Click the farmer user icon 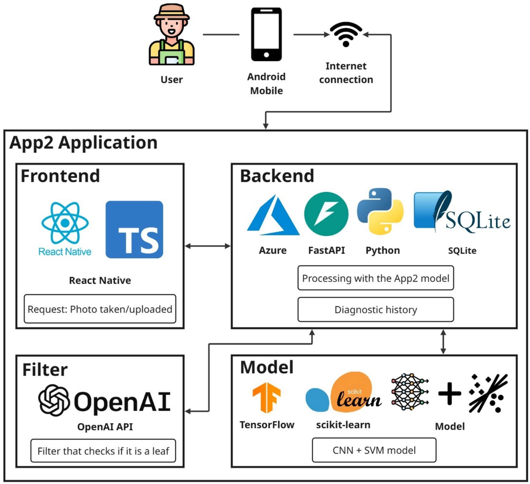pyautogui.click(x=172, y=35)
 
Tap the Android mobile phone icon pyautogui.click(x=266, y=35)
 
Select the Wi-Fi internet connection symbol pyautogui.click(x=346, y=34)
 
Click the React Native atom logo pyautogui.click(x=65, y=224)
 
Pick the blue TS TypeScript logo pyautogui.click(x=134, y=230)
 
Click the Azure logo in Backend pyautogui.click(x=273, y=215)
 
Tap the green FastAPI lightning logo pyautogui.click(x=326, y=214)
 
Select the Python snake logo pyautogui.click(x=380, y=211)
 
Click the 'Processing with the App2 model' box pyautogui.click(x=376, y=278)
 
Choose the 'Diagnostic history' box pyautogui.click(x=376, y=310)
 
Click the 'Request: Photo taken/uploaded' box pyautogui.click(x=100, y=309)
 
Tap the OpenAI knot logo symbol pyautogui.click(x=54, y=400)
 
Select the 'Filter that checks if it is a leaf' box pyautogui.click(x=103, y=451)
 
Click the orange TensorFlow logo pyautogui.click(x=267, y=397)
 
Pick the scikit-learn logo pyautogui.click(x=343, y=394)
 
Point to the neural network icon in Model pyautogui.click(x=410, y=392)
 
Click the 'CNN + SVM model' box pyautogui.click(x=374, y=450)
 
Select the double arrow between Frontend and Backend pyautogui.click(x=208, y=246)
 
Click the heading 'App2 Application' pyautogui.click(x=84, y=143)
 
